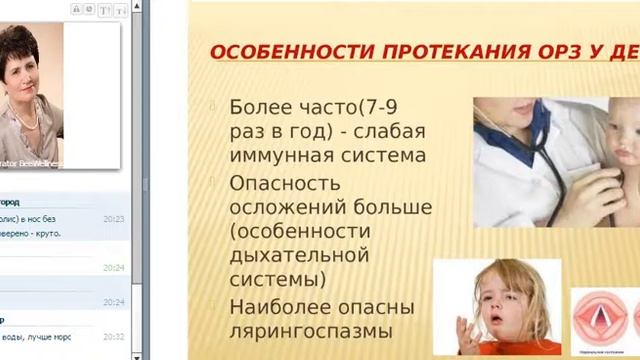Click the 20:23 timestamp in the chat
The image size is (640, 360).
(113, 217)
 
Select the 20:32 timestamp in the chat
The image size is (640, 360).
(113, 337)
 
